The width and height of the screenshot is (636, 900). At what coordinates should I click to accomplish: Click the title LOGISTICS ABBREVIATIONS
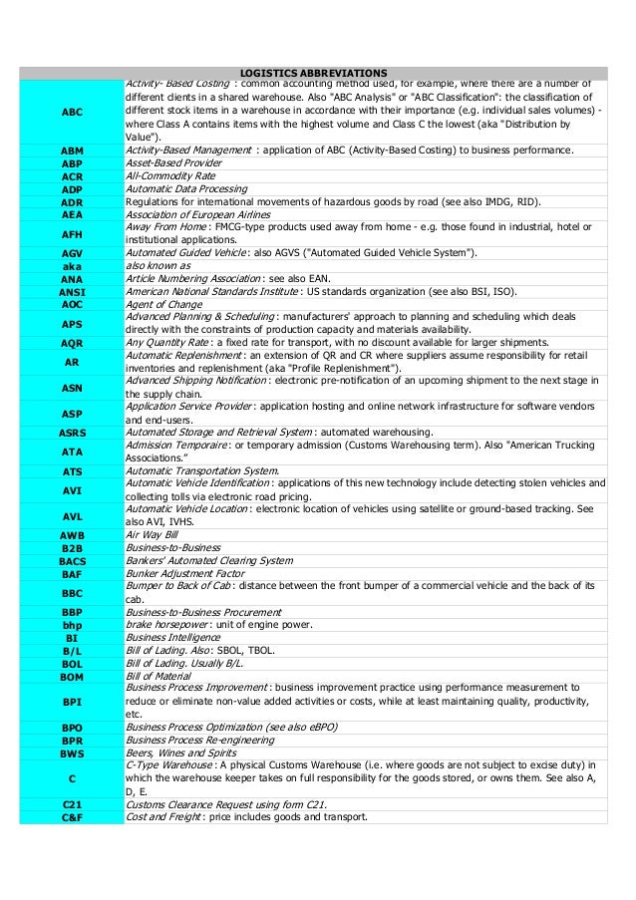(314, 73)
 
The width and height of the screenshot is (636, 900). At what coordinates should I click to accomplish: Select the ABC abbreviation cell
(72, 113)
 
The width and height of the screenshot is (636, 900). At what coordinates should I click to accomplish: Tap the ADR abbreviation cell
(72, 201)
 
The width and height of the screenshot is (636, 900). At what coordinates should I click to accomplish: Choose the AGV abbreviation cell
(72, 253)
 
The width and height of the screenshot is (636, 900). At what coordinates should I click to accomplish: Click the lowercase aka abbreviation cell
(72, 266)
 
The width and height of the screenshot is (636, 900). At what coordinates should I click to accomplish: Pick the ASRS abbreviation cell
(72, 433)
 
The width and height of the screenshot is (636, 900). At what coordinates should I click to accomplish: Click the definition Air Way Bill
(152, 534)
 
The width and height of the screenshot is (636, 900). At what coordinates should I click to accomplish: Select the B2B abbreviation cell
(72, 547)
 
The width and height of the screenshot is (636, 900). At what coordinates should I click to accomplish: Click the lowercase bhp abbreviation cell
(72, 625)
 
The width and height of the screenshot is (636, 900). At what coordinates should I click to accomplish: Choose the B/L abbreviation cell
(72, 650)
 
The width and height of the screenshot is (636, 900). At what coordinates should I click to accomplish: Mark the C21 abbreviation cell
(72, 804)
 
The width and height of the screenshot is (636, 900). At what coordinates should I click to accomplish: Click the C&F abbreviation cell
(72, 817)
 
